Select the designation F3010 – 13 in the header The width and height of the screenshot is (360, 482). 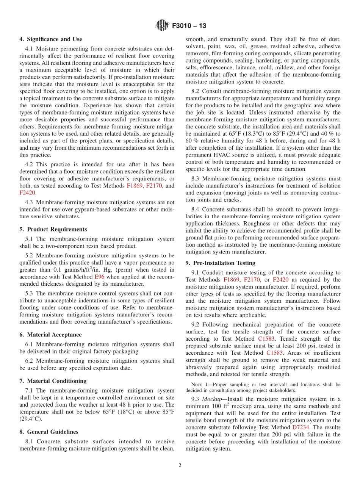point(189,26)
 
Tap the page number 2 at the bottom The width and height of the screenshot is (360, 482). point(180,466)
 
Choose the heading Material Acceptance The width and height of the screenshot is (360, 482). point(54,335)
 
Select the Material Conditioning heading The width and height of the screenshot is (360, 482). point(56,381)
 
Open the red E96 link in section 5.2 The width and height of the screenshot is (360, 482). point(99,277)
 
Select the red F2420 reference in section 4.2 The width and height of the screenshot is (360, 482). point(27,192)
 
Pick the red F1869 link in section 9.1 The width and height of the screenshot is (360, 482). point(231,280)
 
